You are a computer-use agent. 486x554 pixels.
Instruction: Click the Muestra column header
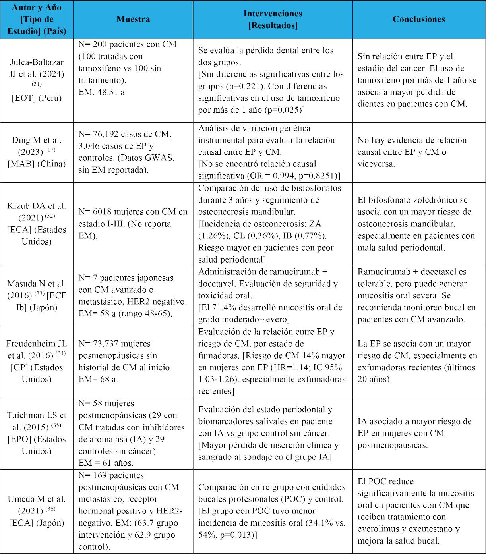(133, 19)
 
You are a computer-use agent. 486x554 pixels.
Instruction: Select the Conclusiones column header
(419, 19)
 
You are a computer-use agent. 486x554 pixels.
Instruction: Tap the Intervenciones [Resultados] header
(273, 19)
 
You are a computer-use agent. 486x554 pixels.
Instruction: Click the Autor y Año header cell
(37, 19)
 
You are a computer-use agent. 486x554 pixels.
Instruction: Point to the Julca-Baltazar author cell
(37, 80)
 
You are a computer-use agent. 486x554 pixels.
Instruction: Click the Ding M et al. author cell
(37, 152)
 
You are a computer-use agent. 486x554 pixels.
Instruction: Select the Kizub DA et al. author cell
(37, 224)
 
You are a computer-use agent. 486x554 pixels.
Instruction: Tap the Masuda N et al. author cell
(37, 295)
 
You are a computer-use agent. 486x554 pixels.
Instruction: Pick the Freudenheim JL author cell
(37, 361)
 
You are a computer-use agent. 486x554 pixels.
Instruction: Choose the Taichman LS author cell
(37, 433)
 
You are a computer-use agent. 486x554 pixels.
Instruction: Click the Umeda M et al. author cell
(37, 511)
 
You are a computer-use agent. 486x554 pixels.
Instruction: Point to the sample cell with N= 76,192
(133, 152)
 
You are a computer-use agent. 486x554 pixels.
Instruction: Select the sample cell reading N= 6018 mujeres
(133, 224)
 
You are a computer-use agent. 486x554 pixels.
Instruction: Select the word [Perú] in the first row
(49, 98)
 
